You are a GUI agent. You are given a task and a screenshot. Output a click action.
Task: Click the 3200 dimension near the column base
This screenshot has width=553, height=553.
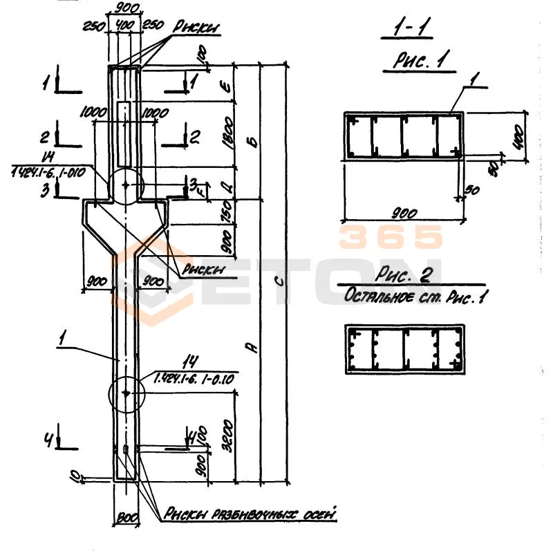pyautogui.click(x=229, y=433)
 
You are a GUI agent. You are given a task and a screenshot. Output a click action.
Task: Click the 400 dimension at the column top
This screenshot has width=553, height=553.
pyautogui.click(x=125, y=26)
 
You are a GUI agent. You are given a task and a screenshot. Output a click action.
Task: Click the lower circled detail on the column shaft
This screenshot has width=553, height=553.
pyautogui.click(x=126, y=394)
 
